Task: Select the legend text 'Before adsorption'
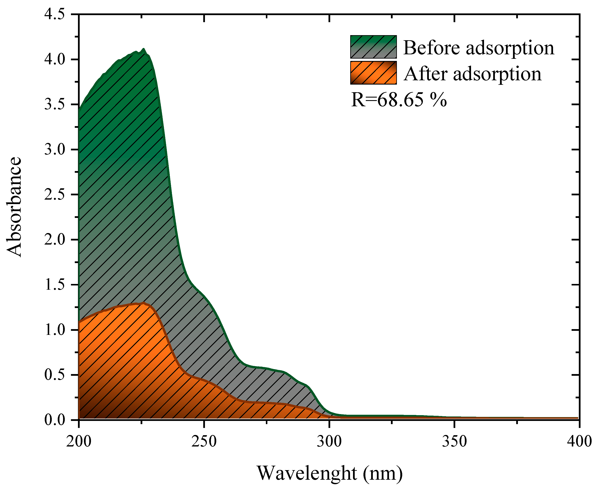pos(478,48)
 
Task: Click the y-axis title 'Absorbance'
pos(14,207)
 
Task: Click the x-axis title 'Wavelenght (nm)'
pos(330,473)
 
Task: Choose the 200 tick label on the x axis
pos(79,441)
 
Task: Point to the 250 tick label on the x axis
pos(204,441)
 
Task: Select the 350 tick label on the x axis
pos(454,441)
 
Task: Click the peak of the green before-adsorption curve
pos(144,49)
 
